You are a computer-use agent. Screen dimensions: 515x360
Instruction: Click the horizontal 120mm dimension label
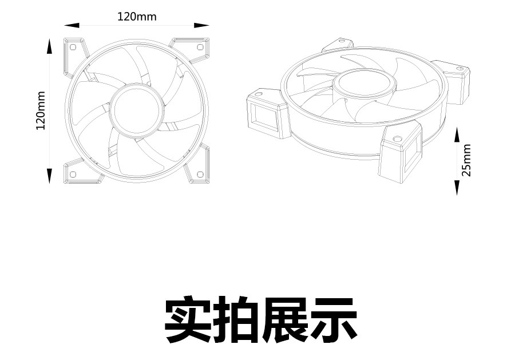pos(137,17)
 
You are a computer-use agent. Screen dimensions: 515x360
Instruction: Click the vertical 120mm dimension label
pos(41,110)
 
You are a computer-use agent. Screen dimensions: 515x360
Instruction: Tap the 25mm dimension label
pos(467,160)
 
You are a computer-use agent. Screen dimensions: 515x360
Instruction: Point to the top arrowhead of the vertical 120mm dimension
pos(50,46)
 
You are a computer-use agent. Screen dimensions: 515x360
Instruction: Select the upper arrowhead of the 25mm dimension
pos(457,134)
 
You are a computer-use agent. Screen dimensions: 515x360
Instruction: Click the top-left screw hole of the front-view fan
pos(73,47)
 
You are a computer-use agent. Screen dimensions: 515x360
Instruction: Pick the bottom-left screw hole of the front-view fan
pos(73,174)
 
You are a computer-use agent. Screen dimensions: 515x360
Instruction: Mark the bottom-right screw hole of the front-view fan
pos(200,174)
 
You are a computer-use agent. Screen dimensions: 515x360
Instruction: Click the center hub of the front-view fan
pos(136,110)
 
